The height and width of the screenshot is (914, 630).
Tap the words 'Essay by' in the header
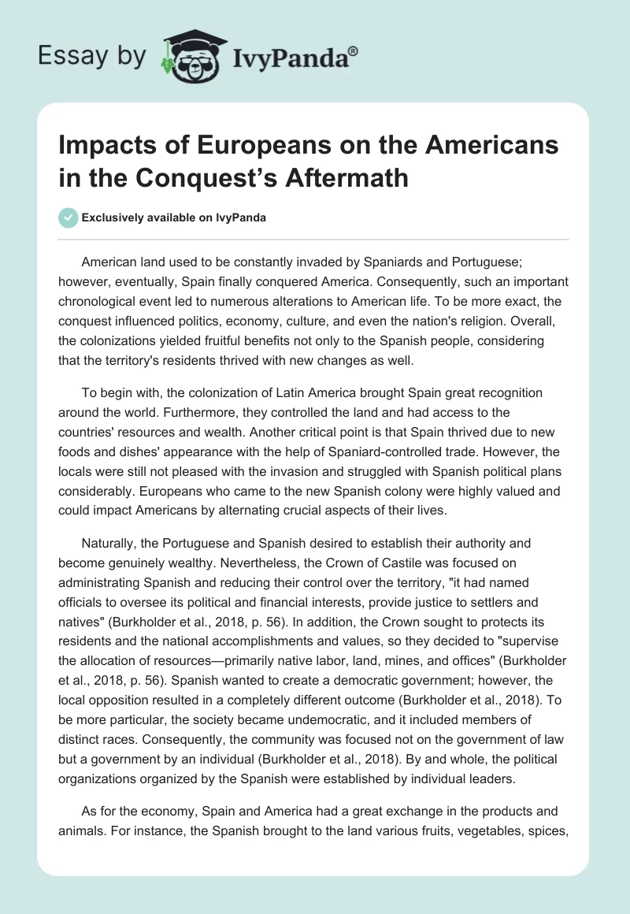[91, 56]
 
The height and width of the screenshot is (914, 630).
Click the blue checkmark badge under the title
[68, 218]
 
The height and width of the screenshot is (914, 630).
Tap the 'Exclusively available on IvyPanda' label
[173, 218]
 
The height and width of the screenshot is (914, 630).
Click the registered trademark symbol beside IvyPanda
[354, 50]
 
